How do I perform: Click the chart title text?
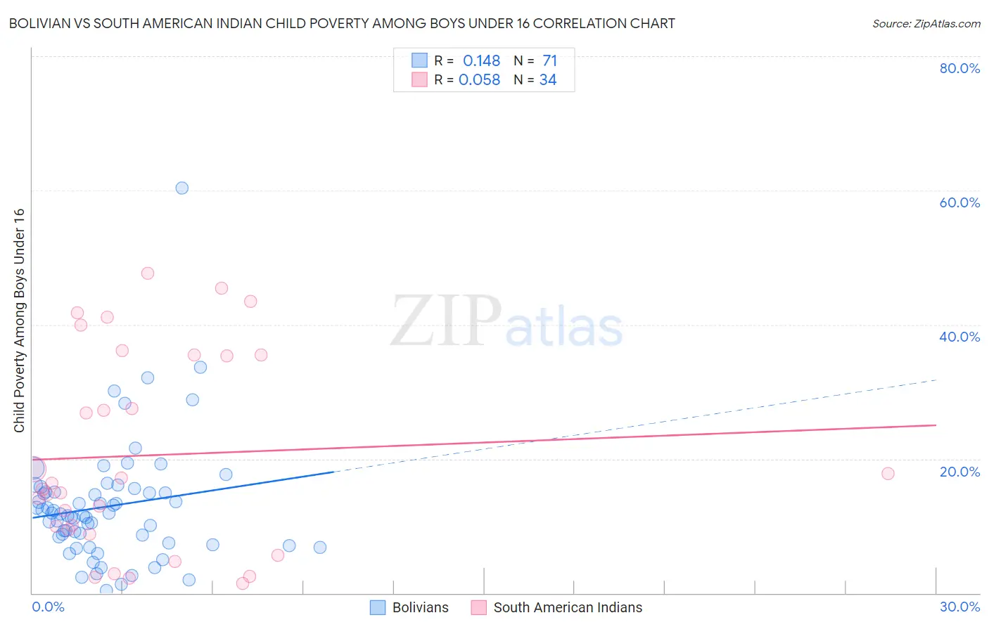[x=342, y=23]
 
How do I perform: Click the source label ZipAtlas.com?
[x=926, y=23]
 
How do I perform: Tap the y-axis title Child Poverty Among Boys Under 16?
[x=19, y=321]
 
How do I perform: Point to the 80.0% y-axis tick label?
[x=959, y=68]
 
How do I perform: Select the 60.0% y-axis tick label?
[x=959, y=202]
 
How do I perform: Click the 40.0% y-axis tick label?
[x=959, y=337]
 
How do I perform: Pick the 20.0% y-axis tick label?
[x=959, y=471]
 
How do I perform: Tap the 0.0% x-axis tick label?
[x=48, y=607]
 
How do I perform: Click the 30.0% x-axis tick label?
[x=959, y=607]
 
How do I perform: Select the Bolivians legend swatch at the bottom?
[x=378, y=607]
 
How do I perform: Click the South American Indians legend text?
[x=568, y=607]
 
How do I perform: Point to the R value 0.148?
[x=481, y=61]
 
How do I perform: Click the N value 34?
[x=548, y=80]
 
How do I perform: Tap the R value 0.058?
[x=479, y=80]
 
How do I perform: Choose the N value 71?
[x=549, y=61]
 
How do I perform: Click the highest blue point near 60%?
[x=182, y=188]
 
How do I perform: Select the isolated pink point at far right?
[x=888, y=474]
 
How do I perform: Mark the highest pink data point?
[x=148, y=273]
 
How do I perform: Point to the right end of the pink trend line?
[x=936, y=425]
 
